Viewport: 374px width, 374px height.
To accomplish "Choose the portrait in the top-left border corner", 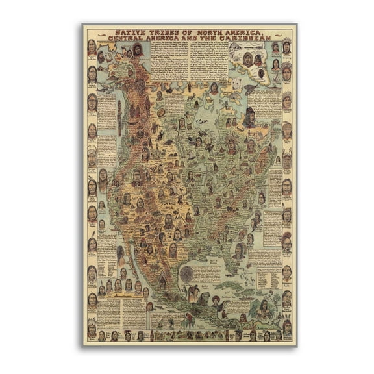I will pos(92,47).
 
